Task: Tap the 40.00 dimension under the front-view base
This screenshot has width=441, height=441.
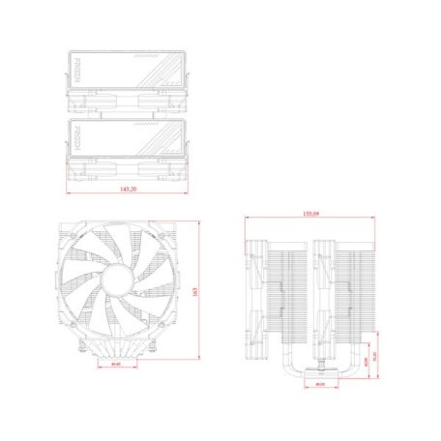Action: click(117, 366)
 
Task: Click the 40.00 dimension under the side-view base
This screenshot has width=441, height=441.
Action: click(320, 383)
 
